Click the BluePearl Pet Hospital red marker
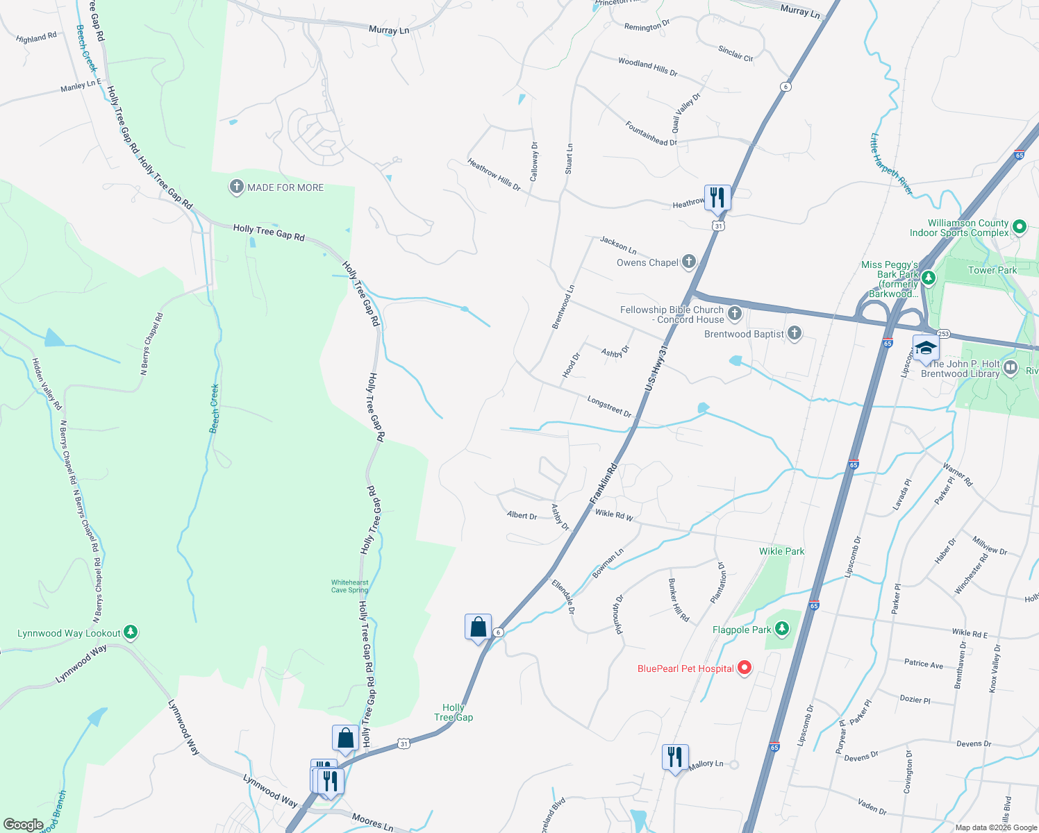[744, 668]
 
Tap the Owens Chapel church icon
[688, 262]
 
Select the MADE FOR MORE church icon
[236, 187]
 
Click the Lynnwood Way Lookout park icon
[131, 632]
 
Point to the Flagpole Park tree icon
[782, 629]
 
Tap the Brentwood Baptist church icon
[795, 334]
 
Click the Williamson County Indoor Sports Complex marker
[1019, 226]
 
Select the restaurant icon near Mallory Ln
[674, 757]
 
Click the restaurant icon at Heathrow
[717, 198]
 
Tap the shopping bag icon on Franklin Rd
[478, 627]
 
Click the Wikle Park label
[781, 551]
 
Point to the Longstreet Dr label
[609, 406]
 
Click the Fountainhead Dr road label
[651, 133]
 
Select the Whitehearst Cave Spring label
[349, 587]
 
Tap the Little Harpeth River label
[891, 164]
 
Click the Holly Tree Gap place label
[454, 712]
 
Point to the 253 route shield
[942, 334]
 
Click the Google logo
[23, 825]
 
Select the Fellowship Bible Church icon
[735, 314]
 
